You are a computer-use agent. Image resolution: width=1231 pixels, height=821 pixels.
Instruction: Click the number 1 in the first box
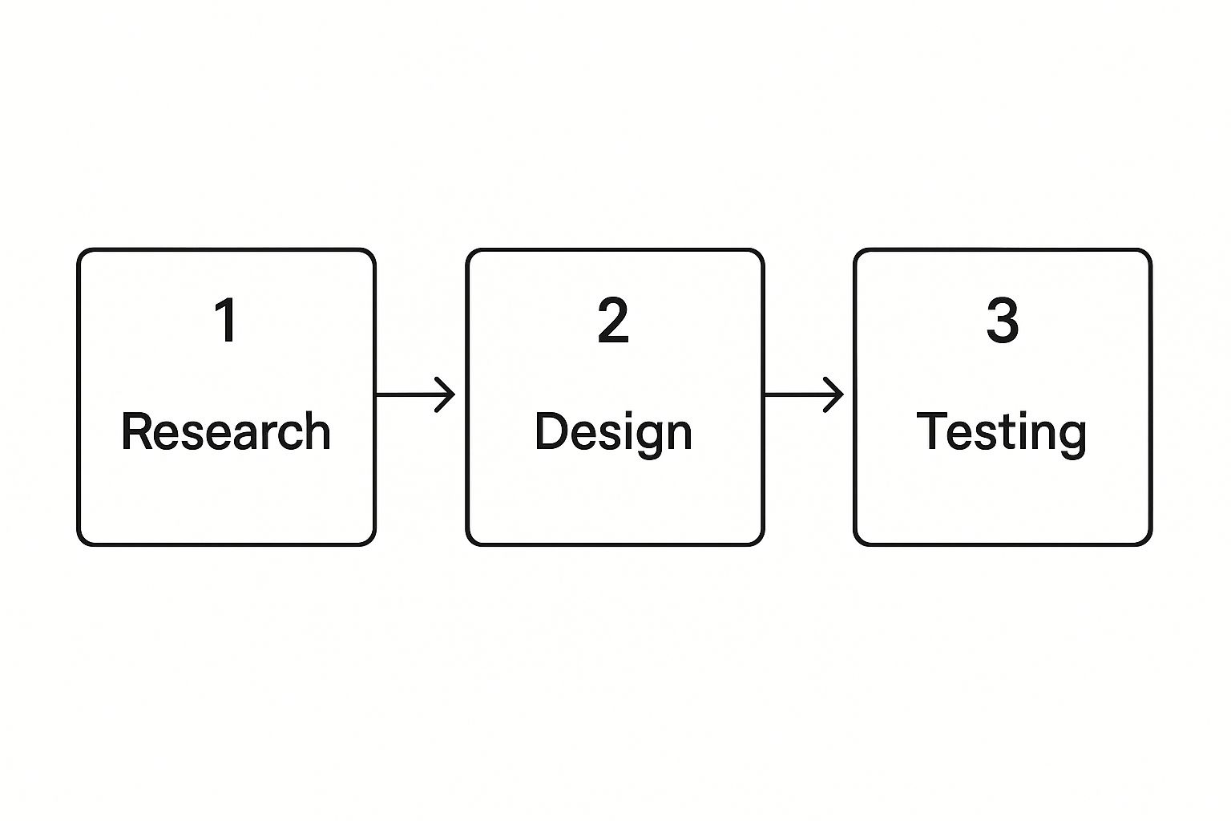(226, 320)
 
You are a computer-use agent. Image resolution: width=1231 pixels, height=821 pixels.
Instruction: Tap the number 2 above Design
(613, 320)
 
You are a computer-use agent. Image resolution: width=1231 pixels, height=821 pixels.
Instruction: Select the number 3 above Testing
(1003, 320)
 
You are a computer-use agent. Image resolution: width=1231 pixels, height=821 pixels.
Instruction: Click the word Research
(226, 431)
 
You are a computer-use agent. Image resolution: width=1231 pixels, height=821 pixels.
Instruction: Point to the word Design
(613, 435)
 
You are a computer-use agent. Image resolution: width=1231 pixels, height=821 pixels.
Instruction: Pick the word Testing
(1001, 435)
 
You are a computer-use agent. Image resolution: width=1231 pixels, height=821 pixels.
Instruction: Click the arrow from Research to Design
(415, 394)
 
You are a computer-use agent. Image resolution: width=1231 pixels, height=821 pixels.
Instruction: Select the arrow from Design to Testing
(804, 394)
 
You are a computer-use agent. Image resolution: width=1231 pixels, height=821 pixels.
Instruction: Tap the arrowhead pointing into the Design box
(446, 394)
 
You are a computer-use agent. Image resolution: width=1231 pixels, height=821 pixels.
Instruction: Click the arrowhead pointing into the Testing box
(834, 394)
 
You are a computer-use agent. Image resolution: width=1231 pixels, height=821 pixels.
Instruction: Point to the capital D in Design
(551, 431)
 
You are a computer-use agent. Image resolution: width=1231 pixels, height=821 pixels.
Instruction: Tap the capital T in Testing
(931, 431)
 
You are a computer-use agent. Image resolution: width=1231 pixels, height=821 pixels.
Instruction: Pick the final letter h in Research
(317, 431)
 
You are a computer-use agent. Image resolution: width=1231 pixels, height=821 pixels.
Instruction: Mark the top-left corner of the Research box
(79, 250)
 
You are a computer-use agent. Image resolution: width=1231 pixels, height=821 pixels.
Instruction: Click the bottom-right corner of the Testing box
(1151, 544)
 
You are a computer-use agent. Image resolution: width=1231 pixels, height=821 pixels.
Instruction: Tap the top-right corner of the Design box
(763, 250)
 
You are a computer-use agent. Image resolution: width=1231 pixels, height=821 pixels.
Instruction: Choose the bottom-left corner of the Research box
(79, 544)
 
